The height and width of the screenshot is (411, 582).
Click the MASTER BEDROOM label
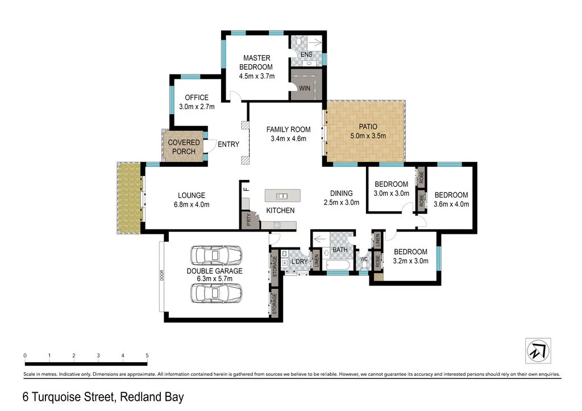click(257, 62)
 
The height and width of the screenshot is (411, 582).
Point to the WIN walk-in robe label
click(305, 89)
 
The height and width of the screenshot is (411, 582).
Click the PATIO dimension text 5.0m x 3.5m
click(368, 136)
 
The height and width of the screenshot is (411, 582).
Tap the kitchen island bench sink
click(281, 196)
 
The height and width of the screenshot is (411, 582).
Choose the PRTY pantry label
click(248, 219)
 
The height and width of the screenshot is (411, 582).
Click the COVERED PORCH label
click(184, 146)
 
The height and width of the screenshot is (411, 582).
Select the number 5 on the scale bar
click(147, 355)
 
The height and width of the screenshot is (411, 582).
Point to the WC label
click(364, 259)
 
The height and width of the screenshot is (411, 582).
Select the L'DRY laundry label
click(299, 261)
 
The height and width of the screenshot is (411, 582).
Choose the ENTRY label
click(228, 144)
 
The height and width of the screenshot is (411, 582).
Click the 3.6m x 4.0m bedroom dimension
click(451, 204)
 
